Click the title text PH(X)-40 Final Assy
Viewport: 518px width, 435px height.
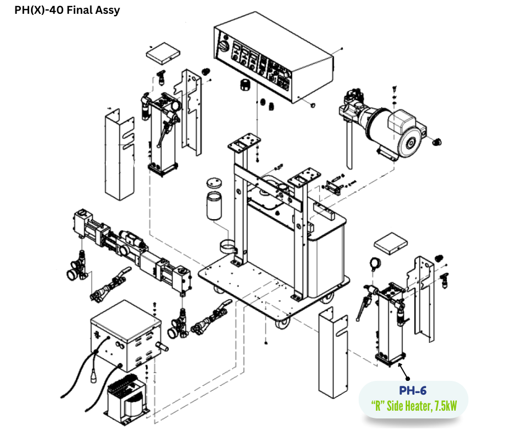[67, 10]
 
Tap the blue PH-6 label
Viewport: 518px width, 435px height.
[413, 391]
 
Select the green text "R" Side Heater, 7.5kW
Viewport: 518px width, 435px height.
[413, 407]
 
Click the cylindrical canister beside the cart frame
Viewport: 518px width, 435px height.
[213, 206]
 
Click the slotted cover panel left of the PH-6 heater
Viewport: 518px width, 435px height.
[333, 353]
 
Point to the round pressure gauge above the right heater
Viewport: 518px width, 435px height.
[377, 263]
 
